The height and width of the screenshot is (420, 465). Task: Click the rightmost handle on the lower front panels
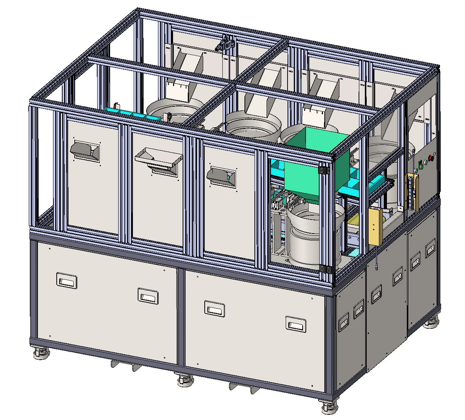tap(296, 323)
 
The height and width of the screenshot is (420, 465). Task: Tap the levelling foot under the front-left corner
tap(41, 354)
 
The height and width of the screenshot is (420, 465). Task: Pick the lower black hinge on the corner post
tap(325, 269)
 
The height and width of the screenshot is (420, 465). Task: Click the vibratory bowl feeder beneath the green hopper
tap(315, 235)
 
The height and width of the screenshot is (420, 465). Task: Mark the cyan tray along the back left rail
tap(133, 114)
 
